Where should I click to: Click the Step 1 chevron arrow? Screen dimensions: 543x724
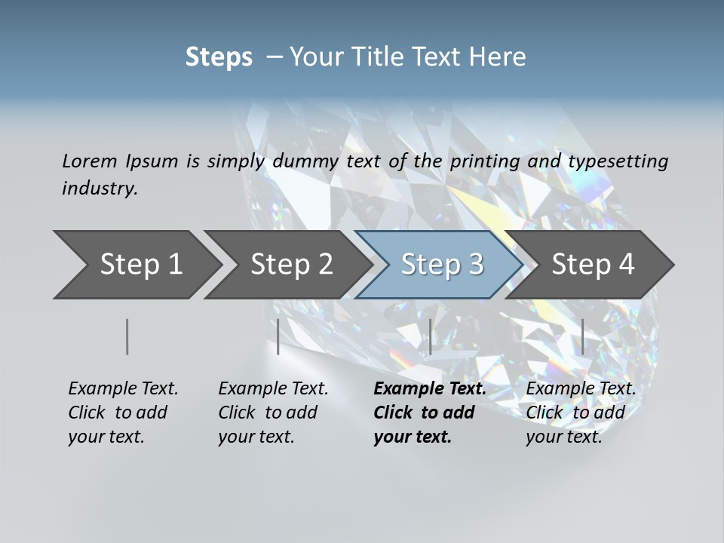(x=136, y=265)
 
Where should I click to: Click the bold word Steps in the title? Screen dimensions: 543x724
(x=219, y=57)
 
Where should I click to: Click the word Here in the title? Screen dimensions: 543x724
(x=498, y=57)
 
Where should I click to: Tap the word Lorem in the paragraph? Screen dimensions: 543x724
(x=88, y=161)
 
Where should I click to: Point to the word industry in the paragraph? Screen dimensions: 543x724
(x=100, y=189)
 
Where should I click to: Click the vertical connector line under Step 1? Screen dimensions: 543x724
(x=127, y=336)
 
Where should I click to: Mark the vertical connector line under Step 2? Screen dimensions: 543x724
(x=278, y=336)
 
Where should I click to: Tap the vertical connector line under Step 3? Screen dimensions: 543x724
(x=430, y=336)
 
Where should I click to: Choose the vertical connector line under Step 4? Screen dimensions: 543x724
(x=582, y=336)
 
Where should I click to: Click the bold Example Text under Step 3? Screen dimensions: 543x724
(x=430, y=389)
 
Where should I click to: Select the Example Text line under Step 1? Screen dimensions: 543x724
(x=123, y=389)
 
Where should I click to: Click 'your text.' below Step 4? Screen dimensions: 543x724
(x=563, y=437)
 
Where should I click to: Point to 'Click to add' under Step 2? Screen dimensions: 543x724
(x=268, y=413)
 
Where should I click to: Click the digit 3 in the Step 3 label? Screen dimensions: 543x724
(x=475, y=265)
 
